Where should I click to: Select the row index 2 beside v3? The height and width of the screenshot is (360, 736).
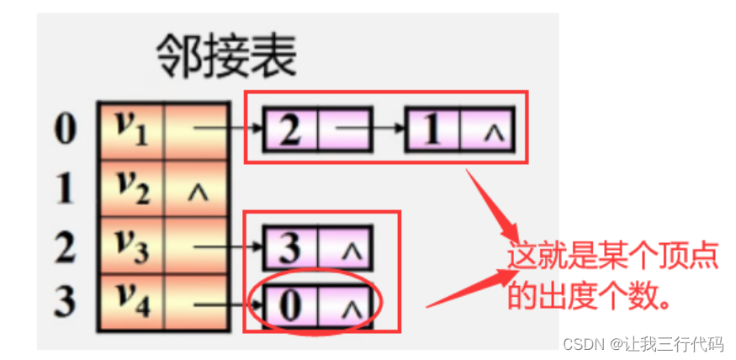point(66,246)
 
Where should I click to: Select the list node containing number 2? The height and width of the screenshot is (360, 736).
point(290,130)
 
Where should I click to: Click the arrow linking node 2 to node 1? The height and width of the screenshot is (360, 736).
point(370,130)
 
